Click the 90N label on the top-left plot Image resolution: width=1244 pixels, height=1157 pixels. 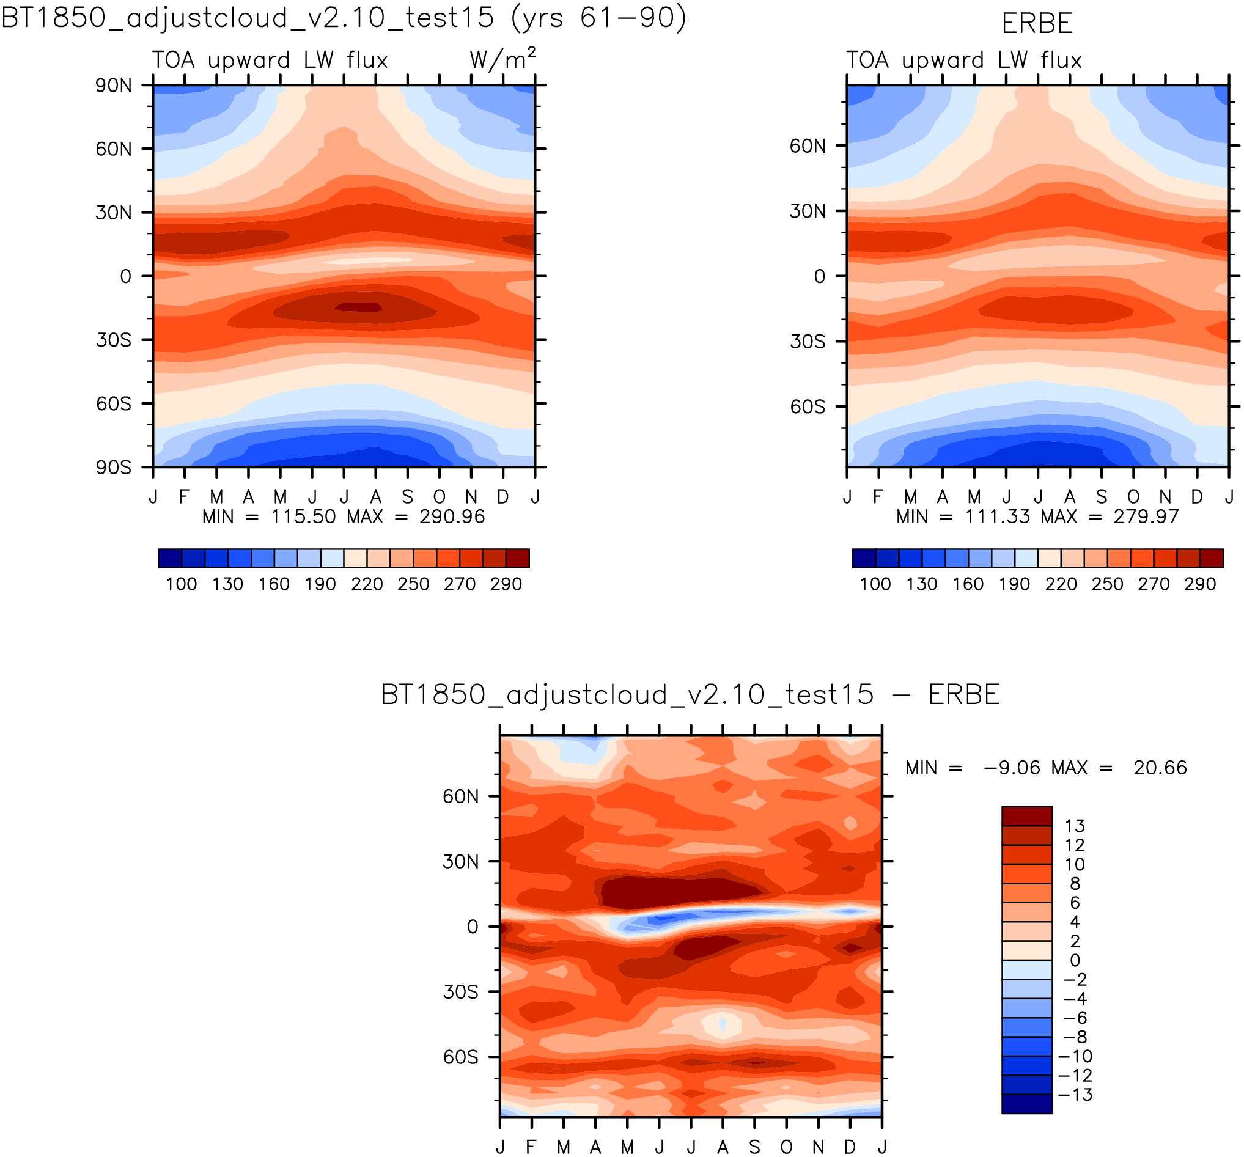[x=113, y=86]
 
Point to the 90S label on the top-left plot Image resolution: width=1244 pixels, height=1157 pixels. [x=113, y=468]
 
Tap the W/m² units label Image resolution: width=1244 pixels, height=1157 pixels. [x=502, y=59]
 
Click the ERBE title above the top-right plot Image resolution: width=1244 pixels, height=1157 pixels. [x=1037, y=24]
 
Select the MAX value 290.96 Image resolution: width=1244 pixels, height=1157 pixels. [x=452, y=517]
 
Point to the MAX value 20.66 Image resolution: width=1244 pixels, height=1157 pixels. [x=1160, y=768]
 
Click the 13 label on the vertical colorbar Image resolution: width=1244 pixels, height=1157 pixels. [x=1075, y=826]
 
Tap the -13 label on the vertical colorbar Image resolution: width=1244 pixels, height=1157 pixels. [x=1075, y=1095]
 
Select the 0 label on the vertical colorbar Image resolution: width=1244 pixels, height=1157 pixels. [x=1075, y=961]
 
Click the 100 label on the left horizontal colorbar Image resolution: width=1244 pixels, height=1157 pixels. [x=181, y=584]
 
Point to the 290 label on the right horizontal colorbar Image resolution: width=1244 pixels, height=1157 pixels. [x=1199, y=584]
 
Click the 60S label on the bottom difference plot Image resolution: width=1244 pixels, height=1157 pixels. [x=460, y=1057]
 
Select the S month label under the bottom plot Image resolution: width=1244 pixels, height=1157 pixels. [x=755, y=1147]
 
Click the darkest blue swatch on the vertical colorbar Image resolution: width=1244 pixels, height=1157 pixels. [x=1026, y=1104]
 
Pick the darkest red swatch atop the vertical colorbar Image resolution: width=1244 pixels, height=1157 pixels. [x=1026, y=817]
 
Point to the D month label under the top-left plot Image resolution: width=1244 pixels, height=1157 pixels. [x=502, y=497]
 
